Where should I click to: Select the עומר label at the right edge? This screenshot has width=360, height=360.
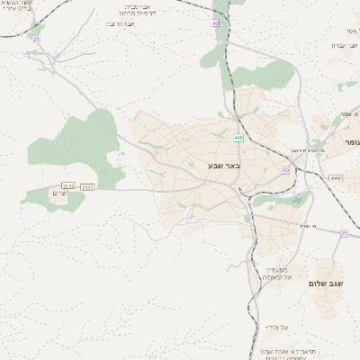(350, 142)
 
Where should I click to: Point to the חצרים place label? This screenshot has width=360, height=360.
(59, 194)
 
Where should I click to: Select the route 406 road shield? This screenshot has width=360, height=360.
(238, 138)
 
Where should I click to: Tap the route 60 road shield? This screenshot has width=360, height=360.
(285, 169)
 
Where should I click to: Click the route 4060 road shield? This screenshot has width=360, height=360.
(335, 178)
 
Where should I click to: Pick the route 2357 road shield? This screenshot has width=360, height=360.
(87, 186)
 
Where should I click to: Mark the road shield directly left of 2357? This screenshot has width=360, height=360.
(68, 186)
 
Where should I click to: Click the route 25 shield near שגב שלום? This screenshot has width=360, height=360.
(344, 233)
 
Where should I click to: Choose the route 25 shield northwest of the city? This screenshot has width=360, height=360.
(36, 40)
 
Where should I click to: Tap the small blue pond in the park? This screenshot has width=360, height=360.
(123, 154)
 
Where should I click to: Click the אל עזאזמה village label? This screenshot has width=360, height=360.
(277, 274)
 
